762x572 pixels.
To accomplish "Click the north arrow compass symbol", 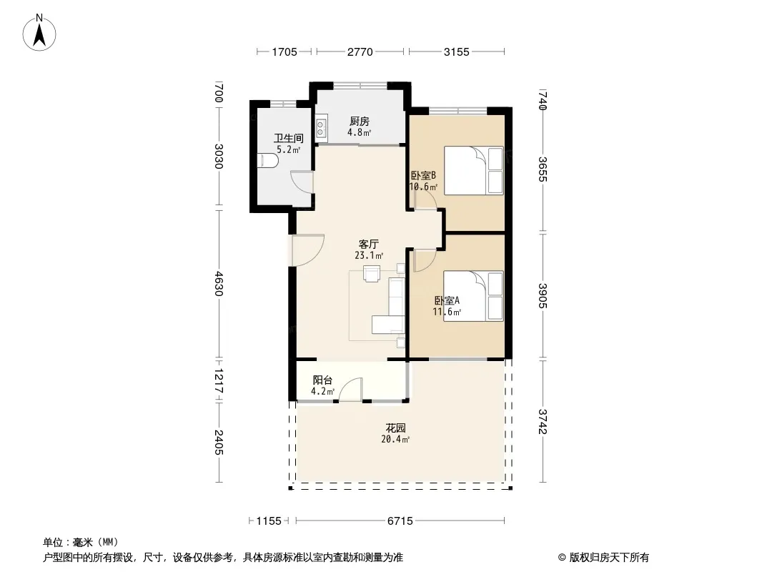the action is click(39, 32).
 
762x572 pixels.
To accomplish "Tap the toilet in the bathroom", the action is click(267, 161).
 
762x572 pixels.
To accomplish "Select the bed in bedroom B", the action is click(474, 171).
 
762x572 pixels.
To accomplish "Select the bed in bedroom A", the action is click(473, 297).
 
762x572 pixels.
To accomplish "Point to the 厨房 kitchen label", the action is click(359, 121).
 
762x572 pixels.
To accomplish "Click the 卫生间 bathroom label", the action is click(288, 139).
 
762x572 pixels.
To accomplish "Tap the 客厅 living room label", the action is click(368, 244).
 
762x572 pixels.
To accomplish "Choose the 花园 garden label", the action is click(395, 428).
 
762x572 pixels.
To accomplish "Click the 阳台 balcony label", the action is click(322, 380).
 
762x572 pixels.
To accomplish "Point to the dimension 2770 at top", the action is click(360, 52).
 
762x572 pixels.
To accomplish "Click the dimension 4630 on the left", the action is click(219, 284).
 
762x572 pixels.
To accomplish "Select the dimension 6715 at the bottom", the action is click(400, 521).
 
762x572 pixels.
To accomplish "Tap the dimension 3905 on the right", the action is click(543, 295).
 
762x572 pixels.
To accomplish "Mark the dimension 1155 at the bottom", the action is click(269, 521).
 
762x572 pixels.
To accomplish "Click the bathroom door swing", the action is click(302, 182).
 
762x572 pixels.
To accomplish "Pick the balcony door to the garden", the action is click(350, 390).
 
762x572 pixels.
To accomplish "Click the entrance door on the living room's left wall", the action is click(308, 250).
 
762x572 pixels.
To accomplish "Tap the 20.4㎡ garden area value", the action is click(395, 439).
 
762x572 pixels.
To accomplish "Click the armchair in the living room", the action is click(372, 274).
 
